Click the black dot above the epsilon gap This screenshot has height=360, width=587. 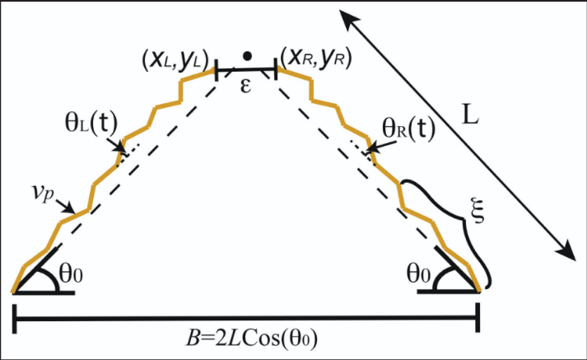(x=247, y=56)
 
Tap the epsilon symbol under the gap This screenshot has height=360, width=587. (x=245, y=86)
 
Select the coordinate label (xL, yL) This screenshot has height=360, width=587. (x=175, y=60)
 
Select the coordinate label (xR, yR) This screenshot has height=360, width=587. (x=316, y=58)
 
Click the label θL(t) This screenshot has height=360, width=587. (x=91, y=124)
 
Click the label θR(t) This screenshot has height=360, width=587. (x=409, y=129)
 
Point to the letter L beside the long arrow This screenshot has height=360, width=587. (x=470, y=115)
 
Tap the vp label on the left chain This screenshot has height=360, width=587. (x=42, y=193)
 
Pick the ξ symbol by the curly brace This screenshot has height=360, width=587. (x=478, y=212)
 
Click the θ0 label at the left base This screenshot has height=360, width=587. (x=71, y=274)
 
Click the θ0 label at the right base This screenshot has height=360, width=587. (x=418, y=274)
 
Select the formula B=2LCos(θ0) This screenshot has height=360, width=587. (x=252, y=339)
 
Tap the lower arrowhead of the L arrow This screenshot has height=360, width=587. (x=566, y=249)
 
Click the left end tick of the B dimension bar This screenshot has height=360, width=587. (x=15, y=319)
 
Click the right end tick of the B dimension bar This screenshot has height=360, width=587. (x=478, y=318)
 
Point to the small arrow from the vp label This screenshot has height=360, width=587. (x=65, y=206)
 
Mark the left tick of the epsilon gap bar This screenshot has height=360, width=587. (x=217, y=69)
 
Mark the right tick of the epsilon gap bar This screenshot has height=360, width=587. (x=276, y=68)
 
